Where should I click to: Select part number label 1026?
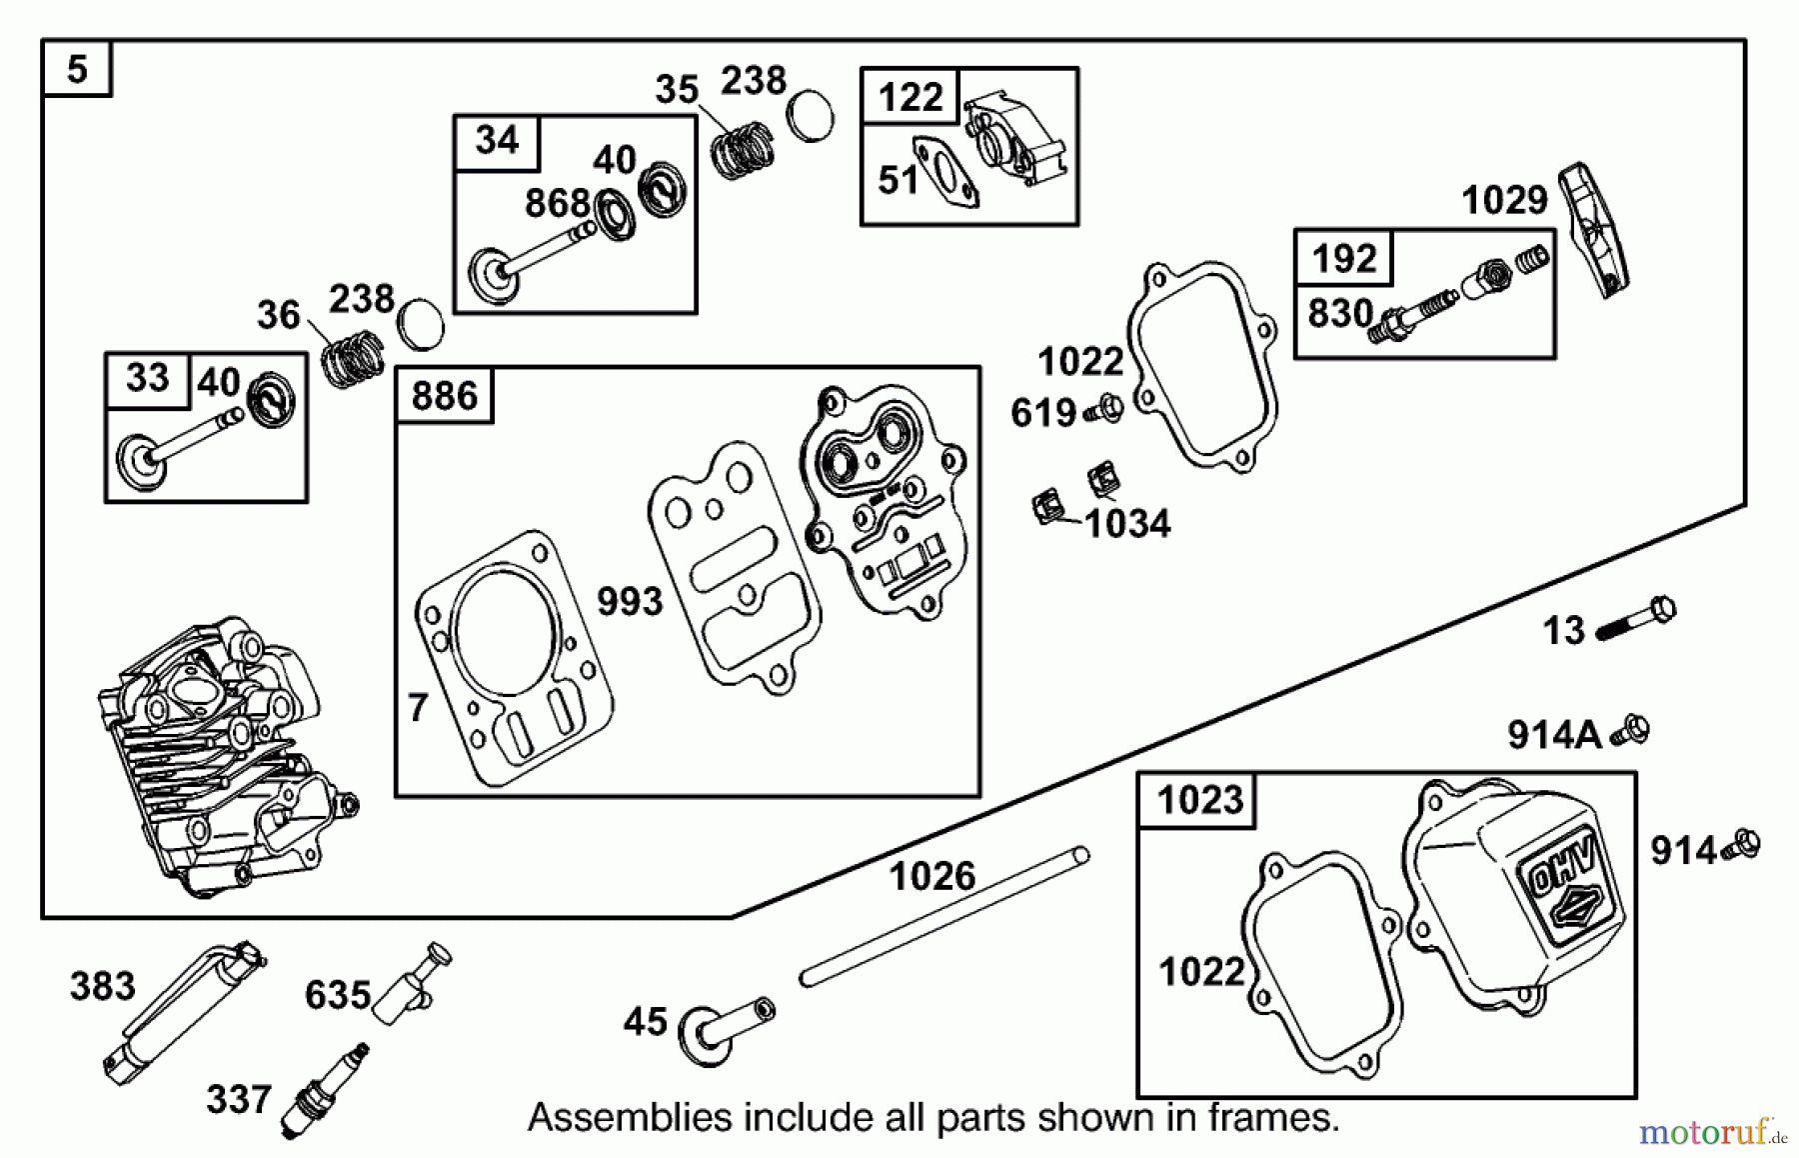[x=931, y=877]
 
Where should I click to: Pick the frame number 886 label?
[x=445, y=396]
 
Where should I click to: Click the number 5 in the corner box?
[x=77, y=69]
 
